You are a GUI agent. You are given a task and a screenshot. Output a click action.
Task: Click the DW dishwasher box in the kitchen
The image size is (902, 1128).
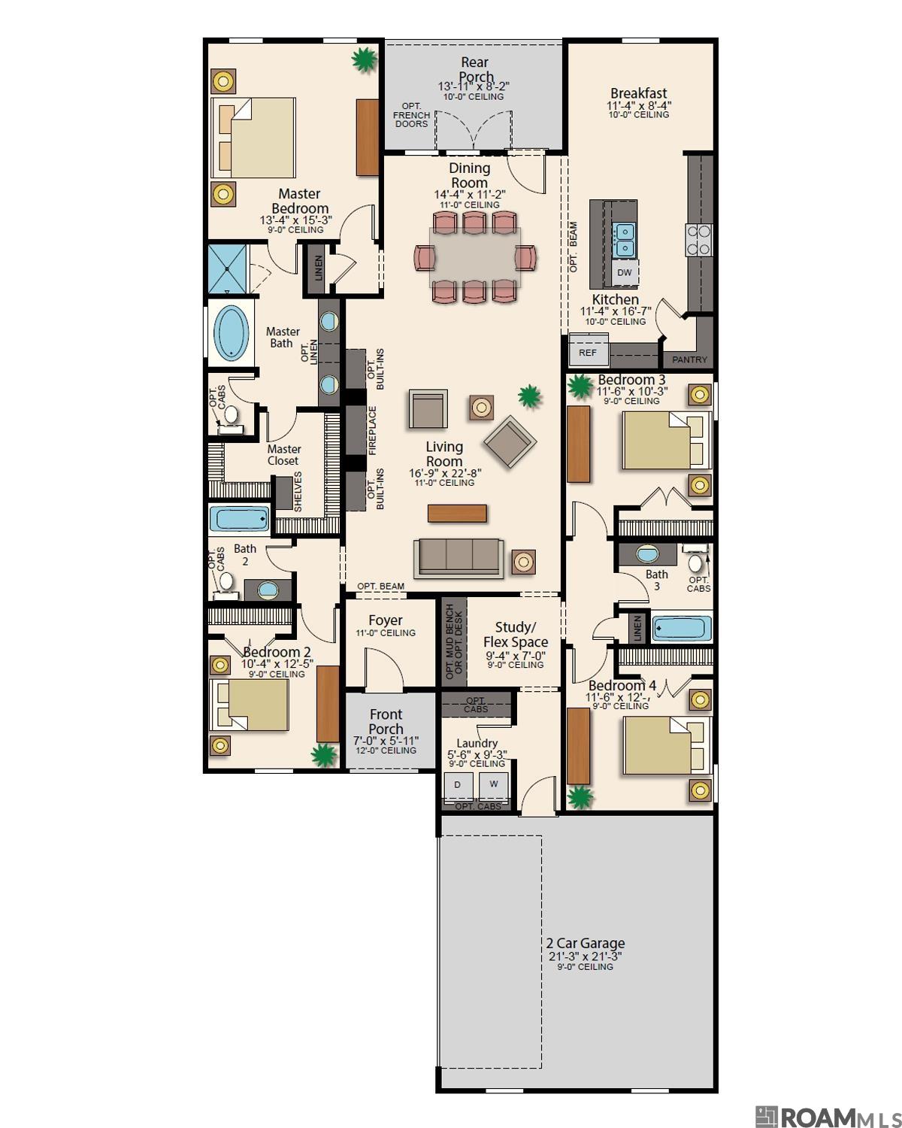[625, 273]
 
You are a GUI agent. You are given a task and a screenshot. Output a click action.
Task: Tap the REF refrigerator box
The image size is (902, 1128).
[587, 352]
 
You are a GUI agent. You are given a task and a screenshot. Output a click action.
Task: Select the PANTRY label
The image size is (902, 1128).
[689, 359]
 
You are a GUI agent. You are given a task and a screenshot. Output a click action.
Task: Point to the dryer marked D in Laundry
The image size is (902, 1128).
[458, 784]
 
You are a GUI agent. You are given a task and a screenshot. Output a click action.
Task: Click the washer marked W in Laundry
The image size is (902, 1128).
[493, 784]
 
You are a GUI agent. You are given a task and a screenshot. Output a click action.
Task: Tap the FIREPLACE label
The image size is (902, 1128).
[372, 431]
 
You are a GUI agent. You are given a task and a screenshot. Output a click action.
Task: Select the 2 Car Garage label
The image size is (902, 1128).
[585, 943]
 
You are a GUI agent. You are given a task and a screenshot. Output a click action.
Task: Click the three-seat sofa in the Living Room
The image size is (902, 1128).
[459, 557]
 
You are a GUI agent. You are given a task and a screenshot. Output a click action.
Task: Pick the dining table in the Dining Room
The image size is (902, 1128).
[474, 257]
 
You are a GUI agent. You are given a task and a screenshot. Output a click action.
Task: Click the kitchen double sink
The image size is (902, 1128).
[624, 239]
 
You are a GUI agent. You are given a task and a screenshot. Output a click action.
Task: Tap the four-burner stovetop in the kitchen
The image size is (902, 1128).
[698, 240]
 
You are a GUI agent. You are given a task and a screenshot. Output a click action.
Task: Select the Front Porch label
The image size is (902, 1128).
[386, 721]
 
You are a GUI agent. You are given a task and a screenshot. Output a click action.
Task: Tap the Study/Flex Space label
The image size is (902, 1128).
[515, 635]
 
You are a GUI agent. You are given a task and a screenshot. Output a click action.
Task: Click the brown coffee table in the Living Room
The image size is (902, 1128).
[457, 513]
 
